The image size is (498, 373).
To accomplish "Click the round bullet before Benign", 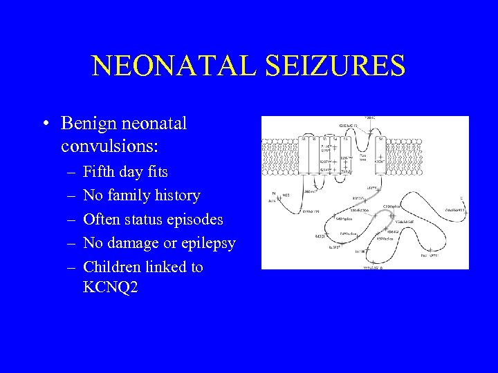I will tap(44, 124).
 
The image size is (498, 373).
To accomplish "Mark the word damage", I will tap(136, 243).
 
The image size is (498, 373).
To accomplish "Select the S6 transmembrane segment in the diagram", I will tap(381, 157).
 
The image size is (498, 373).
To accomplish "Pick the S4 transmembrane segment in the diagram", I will tap(335, 157).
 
